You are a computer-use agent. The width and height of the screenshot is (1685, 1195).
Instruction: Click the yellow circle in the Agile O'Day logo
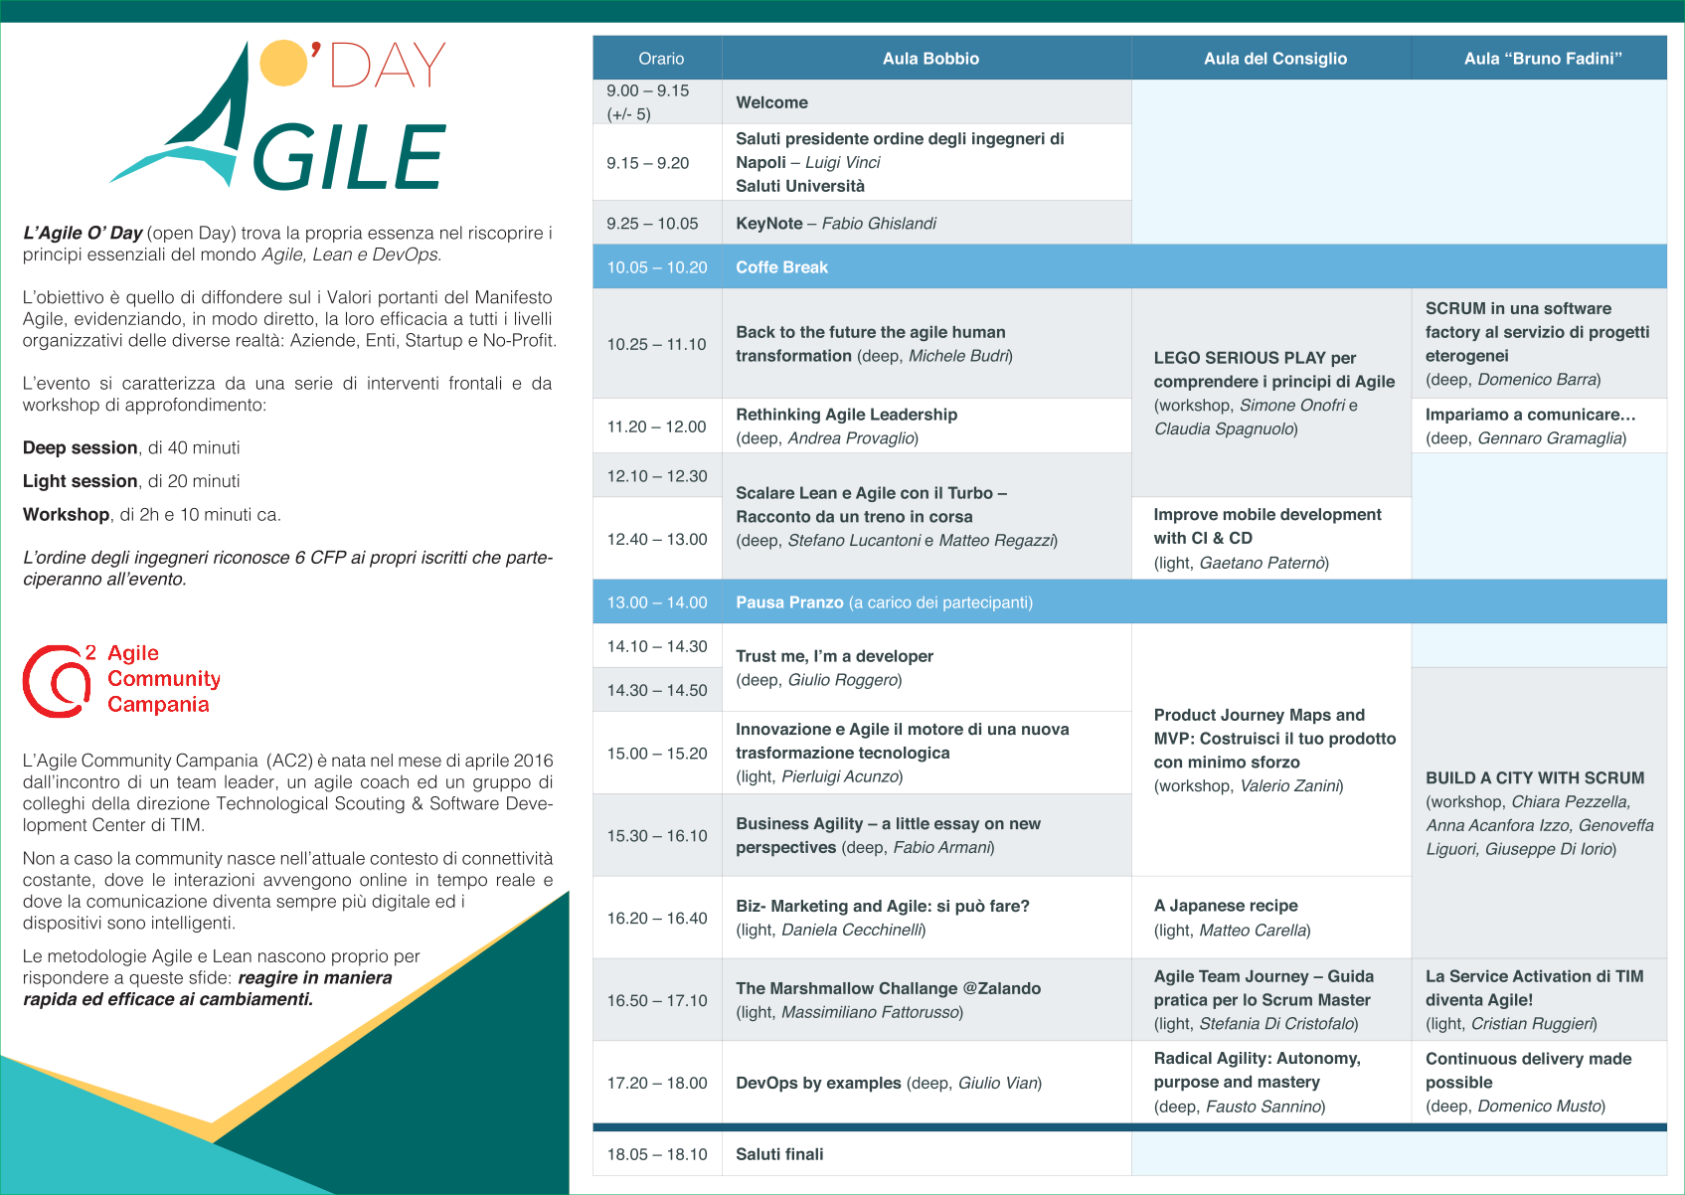pyautogui.click(x=284, y=64)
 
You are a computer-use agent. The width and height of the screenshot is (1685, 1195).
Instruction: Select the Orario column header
pyautogui.click(x=660, y=59)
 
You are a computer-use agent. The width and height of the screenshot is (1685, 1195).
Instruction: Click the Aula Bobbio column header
pyautogui.click(x=930, y=59)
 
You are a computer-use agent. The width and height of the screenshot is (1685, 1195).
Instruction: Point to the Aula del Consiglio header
pyautogui.click(x=1275, y=59)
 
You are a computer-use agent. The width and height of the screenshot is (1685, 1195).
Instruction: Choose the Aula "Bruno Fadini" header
pyautogui.click(x=1542, y=59)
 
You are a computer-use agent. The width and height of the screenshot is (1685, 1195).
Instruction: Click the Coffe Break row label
pyautogui.click(x=781, y=267)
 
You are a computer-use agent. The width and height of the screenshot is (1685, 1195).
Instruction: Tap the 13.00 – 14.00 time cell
pyautogui.click(x=657, y=602)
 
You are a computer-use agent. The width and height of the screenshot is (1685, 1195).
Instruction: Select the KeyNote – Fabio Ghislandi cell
pyautogui.click(x=836, y=224)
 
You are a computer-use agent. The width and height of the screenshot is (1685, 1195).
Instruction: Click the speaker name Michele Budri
pyautogui.click(x=958, y=356)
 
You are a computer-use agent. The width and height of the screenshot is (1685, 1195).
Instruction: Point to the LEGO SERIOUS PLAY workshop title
pyautogui.click(x=1274, y=370)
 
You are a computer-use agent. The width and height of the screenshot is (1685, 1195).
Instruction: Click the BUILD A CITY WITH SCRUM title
pyautogui.click(x=1535, y=778)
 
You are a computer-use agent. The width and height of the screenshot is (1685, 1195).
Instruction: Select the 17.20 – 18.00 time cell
pyautogui.click(x=657, y=1083)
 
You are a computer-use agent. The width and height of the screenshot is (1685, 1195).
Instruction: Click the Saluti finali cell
pyautogui.click(x=779, y=1154)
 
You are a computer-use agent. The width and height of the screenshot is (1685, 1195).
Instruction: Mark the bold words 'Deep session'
pyautogui.click(x=80, y=447)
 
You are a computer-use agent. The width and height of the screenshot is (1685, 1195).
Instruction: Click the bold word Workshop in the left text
pyautogui.click(x=67, y=515)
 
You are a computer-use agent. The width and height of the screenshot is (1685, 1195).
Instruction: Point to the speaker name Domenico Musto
pyautogui.click(x=1539, y=1107)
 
